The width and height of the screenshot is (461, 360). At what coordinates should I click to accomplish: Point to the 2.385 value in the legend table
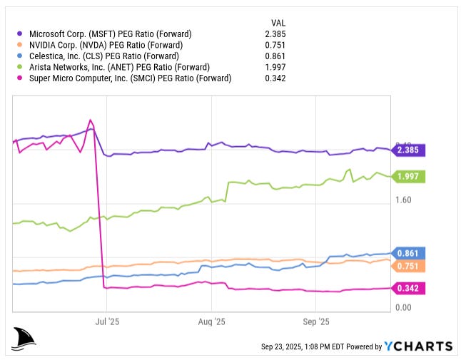pos(275,34)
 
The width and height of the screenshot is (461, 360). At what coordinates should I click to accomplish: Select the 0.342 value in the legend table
pos(275,78)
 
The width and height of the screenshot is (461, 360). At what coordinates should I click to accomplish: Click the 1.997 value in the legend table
pos(275,67)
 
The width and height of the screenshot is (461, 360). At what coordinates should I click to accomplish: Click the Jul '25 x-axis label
pos(108,322)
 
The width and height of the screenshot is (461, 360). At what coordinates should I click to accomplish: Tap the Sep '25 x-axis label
pos(315,322)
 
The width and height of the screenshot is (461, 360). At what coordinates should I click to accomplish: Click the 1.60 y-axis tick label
pos(404,200)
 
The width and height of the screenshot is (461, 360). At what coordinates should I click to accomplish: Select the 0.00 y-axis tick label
pos(404,307)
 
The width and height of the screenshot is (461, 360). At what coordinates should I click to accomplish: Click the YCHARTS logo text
pos(418,346)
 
